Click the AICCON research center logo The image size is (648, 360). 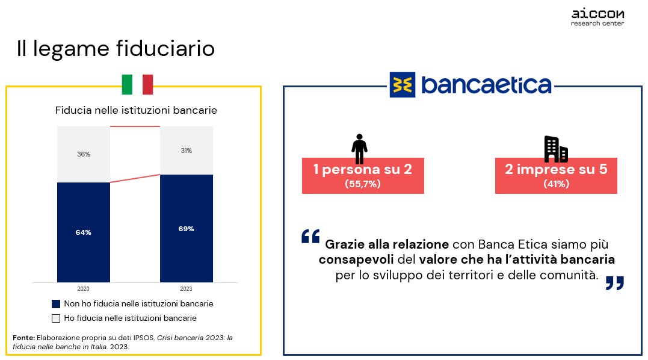[597, 18]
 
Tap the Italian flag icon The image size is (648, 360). [137, 84]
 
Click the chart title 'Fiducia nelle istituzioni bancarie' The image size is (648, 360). [136, 110]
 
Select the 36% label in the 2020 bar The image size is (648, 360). [84, 154]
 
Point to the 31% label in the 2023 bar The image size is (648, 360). [187, 151]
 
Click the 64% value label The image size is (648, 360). [84, 232]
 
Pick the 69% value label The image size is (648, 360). [187, 229]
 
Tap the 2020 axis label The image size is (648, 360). [83, 288]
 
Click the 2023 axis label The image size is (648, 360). [186, 288]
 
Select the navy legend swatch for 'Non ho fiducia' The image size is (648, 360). [56, 304]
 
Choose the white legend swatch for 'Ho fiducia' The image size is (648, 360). [56, 318]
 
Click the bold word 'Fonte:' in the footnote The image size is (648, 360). [24, 338]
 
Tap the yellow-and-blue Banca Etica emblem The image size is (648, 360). [403, 85]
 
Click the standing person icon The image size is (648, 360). [360, 149]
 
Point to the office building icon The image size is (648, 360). [556, 149]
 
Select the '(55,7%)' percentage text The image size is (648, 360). [363, 184]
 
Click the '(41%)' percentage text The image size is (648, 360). [557, 184]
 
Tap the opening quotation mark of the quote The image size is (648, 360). [311, 236]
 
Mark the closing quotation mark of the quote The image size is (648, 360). [614, 283]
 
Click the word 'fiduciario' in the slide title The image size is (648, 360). [165, 48]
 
